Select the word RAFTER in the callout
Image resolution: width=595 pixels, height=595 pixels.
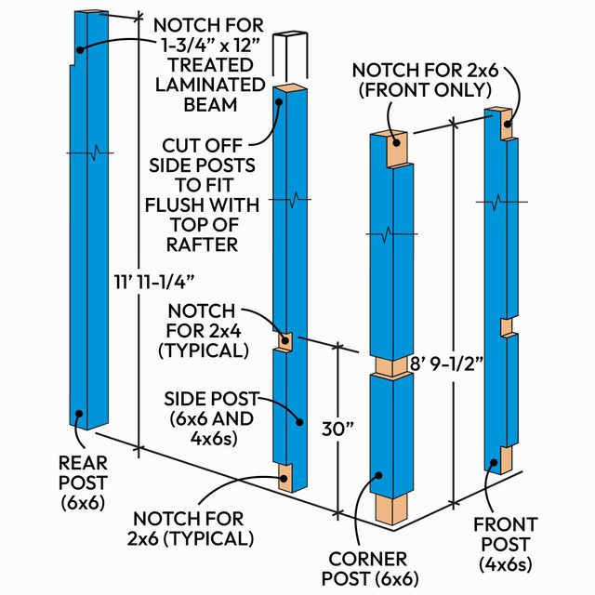click(x=210, y=245)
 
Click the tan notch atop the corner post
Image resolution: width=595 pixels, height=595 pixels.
click(x=398, y=148)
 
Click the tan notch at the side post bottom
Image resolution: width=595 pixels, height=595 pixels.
click(x=286, y=476)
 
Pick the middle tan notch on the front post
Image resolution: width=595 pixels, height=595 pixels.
click(x=507, y=327)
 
